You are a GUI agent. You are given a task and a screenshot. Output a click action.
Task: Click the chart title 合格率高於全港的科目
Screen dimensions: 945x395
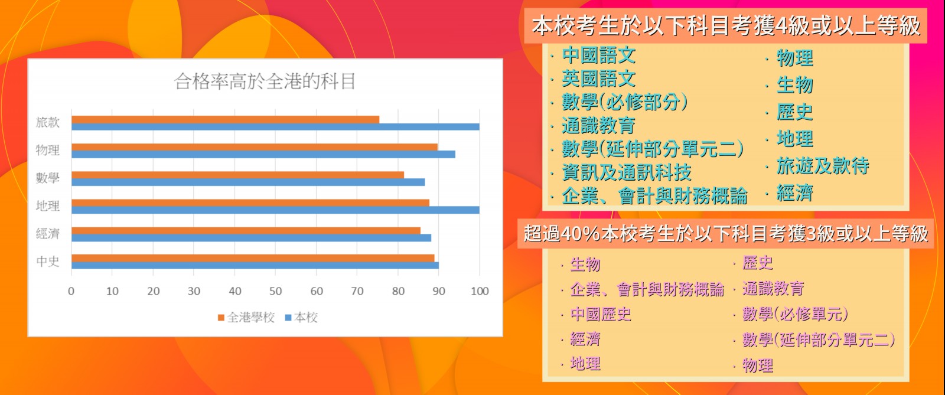pos(265,81)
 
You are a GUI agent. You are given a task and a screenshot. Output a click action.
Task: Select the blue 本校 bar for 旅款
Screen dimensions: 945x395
pos(275,127)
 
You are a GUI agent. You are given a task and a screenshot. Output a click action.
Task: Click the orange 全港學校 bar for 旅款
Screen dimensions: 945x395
pos(225,120)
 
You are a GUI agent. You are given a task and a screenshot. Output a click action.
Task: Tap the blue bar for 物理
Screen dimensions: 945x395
pos(263,155)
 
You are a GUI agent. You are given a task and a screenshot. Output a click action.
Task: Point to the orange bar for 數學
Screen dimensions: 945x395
pos(237,175)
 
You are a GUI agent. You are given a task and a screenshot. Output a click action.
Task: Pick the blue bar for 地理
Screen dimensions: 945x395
pos(275,210)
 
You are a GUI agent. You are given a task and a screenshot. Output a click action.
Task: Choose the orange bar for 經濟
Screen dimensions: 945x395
pos(246,231)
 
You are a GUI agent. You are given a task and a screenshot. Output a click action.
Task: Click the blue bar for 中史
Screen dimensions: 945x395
pos(255,266)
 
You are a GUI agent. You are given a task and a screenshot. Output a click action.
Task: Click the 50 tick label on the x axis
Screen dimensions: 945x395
pos(275,291)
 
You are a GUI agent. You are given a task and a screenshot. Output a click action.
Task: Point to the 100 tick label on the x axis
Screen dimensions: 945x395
pos(480,291)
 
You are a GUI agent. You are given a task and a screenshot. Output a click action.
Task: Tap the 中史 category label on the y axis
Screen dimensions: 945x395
pos(48,262)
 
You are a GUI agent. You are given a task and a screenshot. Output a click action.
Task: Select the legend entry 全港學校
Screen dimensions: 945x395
pos(246,318)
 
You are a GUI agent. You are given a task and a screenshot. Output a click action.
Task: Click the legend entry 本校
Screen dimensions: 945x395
pos(302,318)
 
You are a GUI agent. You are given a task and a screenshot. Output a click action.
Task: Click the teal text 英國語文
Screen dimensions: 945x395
pos(599,79)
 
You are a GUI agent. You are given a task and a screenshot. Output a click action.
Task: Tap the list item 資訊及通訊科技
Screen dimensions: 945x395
pos(627,172)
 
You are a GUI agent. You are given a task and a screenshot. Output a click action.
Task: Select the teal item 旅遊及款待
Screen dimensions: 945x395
pos(823,166)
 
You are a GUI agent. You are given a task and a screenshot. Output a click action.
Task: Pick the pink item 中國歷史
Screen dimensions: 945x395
pos(601,315)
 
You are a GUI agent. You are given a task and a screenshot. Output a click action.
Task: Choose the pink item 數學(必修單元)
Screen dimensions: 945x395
pos(796,314)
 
